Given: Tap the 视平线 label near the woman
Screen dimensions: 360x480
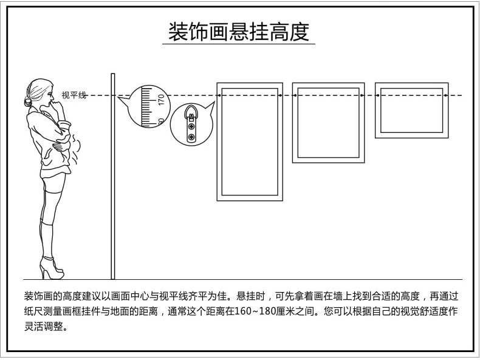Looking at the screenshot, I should coord(74,95).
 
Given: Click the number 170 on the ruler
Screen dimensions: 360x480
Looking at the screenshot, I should coord(161,100).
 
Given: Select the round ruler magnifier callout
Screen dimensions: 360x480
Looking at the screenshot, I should coord(148,106).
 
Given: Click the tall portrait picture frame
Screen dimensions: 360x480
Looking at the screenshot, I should coord(250,141).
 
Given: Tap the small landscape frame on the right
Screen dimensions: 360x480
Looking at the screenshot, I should coord(411,109).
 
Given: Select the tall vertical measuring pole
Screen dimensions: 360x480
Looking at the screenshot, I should coord(112,176).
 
